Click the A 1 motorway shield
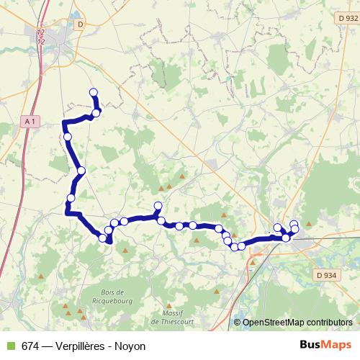[x=30, y=122]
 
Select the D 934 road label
[x=326, y=274]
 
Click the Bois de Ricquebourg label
[x=119, y=297]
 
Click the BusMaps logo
[x=325, y=346]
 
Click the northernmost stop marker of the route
[x=93, y=91]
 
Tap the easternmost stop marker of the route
[x=294, y=229]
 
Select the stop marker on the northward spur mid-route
[x=158, y=207]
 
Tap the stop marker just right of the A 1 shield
[x=68, y=136]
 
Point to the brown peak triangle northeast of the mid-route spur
[x=183, y=176]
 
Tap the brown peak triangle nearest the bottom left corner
[x=42, y=276]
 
